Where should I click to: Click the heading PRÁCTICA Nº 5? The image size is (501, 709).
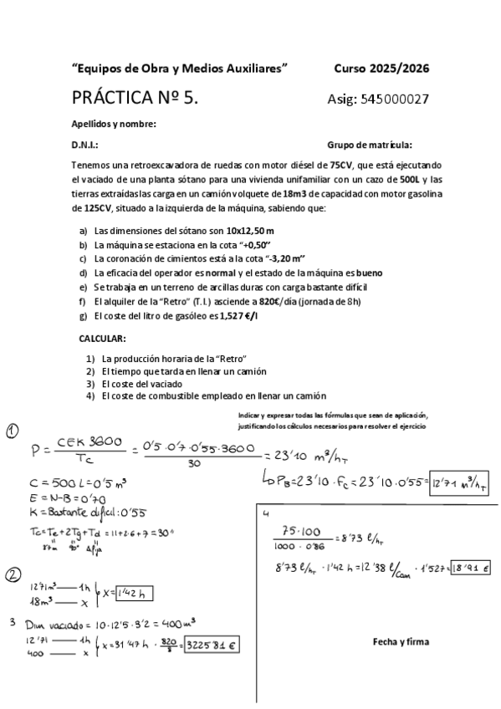(135, 98)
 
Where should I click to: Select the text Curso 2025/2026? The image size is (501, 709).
(381, 69)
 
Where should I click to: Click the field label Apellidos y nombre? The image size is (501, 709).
(114, 125)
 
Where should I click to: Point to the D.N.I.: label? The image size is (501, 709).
(85, 145)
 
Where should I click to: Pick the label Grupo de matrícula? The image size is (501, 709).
(370, 145)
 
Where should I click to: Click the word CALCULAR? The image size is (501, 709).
(102, 338)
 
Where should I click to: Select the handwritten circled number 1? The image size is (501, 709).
(13, 431)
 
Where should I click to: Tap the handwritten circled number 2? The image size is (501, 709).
(13, 574)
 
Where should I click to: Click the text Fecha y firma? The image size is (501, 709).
(401, 642)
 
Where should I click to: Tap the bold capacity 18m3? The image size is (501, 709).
(271, 194)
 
